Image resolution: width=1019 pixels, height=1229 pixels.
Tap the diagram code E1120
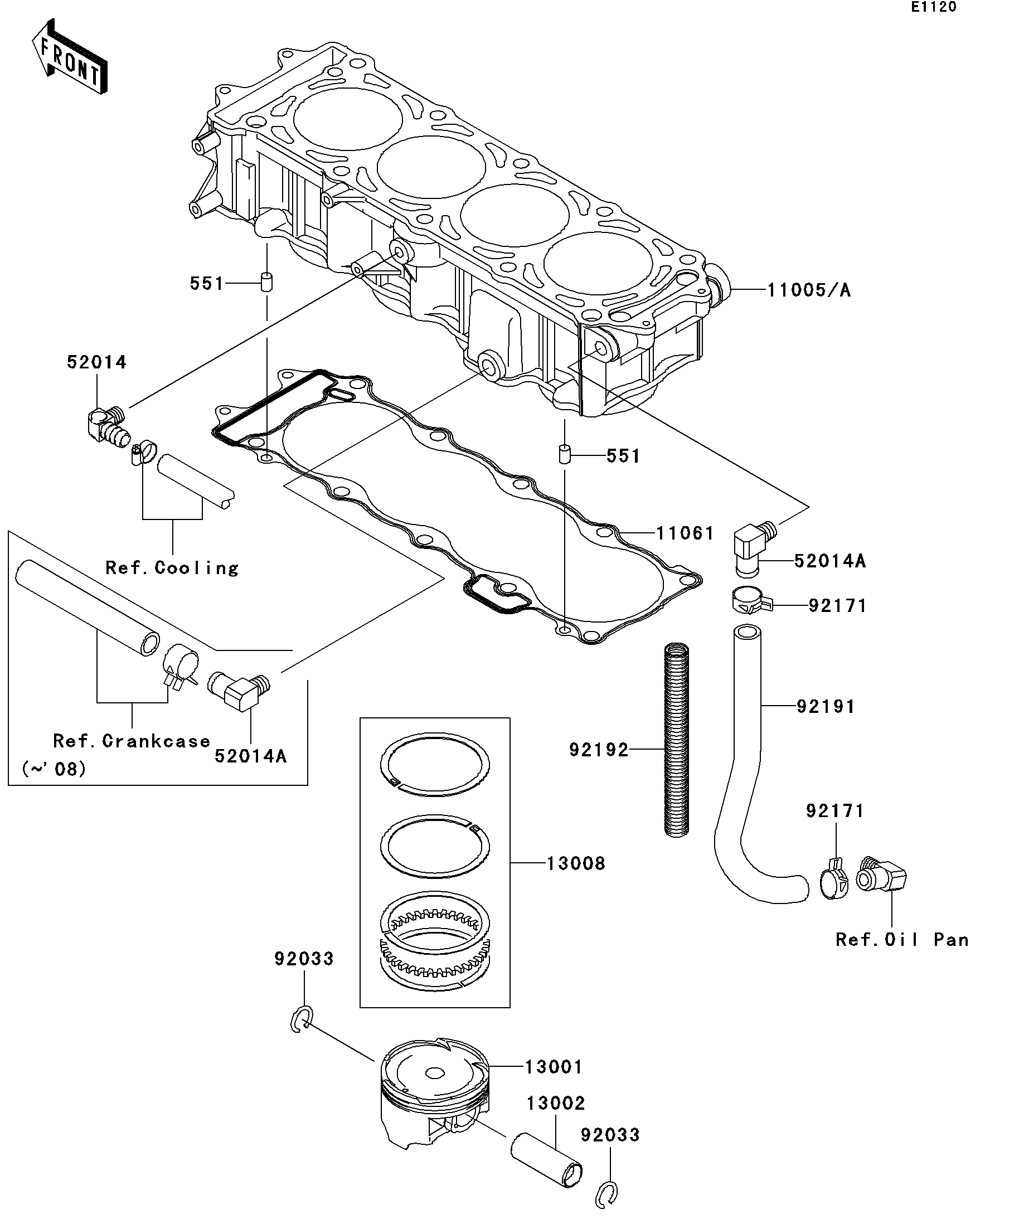(933, 7)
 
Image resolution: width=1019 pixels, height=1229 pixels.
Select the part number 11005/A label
(809, 290)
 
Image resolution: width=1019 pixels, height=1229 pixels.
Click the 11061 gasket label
(684, 533)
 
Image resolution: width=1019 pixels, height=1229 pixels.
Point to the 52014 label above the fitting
(96, 362)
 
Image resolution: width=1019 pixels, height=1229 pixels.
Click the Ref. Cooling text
(172, 567)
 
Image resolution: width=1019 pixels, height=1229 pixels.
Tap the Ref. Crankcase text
(131, 741)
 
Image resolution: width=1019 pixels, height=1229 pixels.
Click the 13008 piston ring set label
(576, 863)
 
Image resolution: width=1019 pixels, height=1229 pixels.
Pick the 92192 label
(599, 750)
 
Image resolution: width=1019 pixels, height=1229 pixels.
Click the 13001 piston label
(554, 1067)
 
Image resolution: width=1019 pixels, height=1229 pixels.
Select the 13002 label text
(555, 1103)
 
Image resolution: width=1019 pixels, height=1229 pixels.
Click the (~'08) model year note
(54, 769)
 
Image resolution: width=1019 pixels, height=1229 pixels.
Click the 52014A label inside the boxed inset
(250, 756)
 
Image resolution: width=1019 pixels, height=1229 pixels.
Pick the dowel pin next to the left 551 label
(267, 281)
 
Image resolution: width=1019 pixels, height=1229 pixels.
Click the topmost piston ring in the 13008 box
(435, 764)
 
